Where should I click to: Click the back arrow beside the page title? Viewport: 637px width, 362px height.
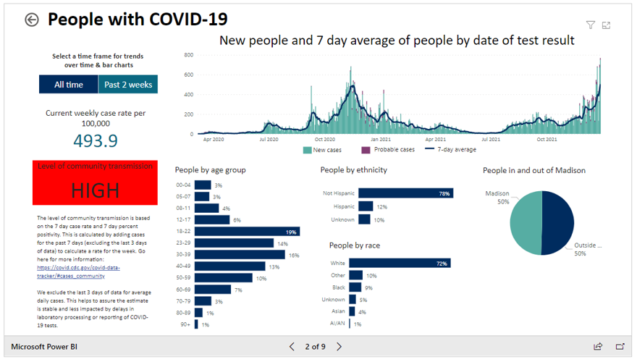coord(31,20)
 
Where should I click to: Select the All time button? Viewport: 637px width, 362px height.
coord(69,85)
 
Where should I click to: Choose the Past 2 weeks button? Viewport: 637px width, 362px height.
coord(128,85)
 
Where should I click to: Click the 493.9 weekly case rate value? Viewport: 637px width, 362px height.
coord(95,140)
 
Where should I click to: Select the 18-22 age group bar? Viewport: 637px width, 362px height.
coord(246,232)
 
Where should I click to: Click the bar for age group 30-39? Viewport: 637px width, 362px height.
coord(240,255)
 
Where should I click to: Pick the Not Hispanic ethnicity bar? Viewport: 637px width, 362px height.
coord(405,193)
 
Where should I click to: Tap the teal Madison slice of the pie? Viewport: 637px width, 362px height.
coord(526,223)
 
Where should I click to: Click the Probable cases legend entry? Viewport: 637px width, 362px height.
coord(387,150)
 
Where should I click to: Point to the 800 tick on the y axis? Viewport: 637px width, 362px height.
coord(188,55)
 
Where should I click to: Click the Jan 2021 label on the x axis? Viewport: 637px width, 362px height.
coord(380,139)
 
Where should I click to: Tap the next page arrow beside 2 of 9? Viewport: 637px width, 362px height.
coord(339,347)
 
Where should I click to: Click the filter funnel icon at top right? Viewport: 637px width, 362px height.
coord(591,25)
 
